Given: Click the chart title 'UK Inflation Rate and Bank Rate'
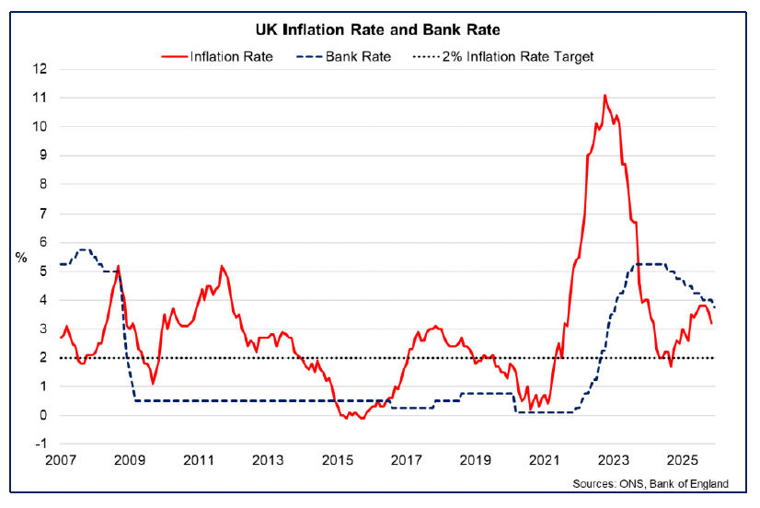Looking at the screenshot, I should pos(379,30).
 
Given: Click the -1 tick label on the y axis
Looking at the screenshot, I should pos(39,444).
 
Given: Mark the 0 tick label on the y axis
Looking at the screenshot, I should pos(41,415).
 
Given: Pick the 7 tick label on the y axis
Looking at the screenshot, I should pos(41,214).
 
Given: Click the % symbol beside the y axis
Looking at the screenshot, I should pos(21,257).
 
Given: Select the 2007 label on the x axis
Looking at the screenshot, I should pos(60,460).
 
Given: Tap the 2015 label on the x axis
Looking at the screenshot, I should pos(337,460).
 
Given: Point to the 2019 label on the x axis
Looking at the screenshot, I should pos(475,460).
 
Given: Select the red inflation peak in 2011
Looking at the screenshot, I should pos(222,266).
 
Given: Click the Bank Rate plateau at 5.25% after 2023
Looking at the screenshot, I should pos(649,264).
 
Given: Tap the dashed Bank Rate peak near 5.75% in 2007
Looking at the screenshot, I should pos(84,249).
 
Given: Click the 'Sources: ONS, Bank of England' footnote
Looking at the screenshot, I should pos(649,484).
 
